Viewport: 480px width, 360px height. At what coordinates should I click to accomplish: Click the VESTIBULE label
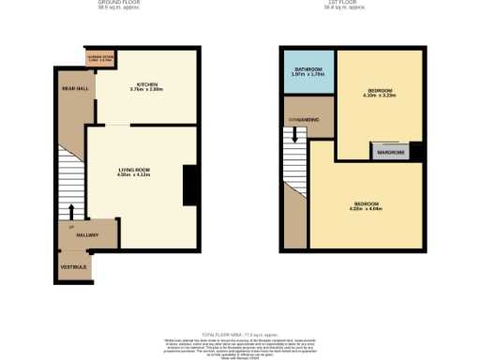pyautogui.click(x=74, y=266)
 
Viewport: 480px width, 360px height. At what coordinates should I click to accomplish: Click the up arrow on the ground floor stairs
pyautogui.click(x=72, y=212)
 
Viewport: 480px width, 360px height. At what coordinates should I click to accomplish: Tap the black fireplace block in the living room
pyautogui.click(x=189, y=185)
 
